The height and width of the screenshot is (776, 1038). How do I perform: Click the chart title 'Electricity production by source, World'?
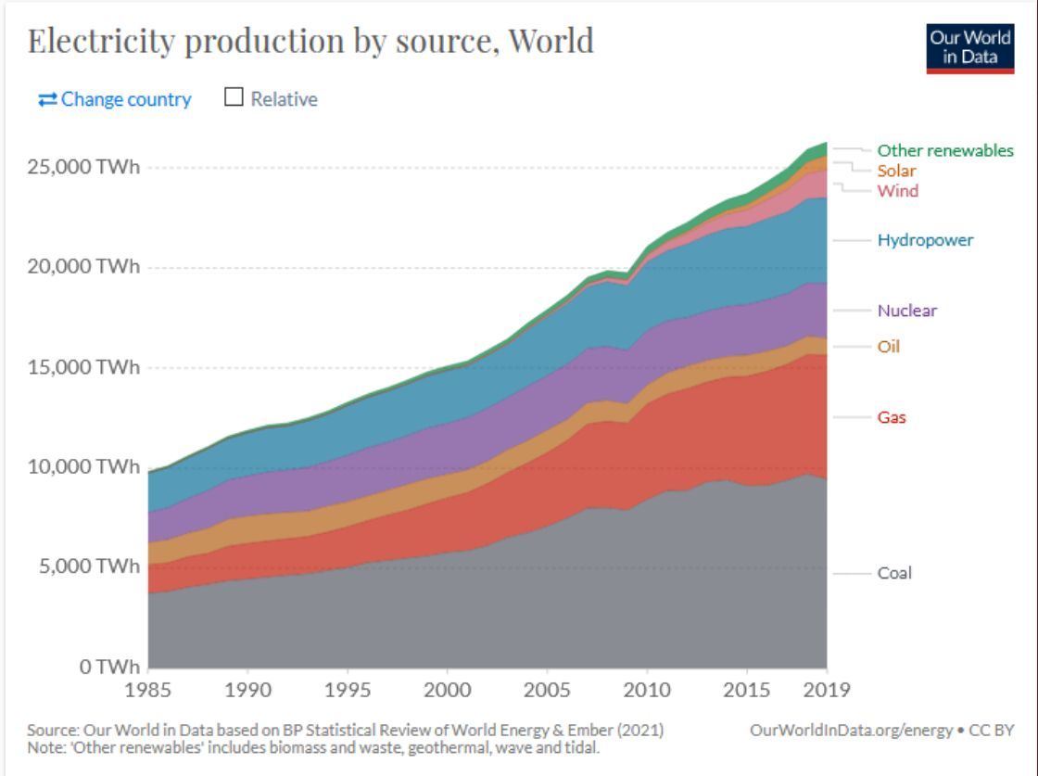tap(310, 41)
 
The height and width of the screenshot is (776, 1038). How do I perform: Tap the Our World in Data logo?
tap(970, 47)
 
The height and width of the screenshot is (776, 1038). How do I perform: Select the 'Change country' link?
tap(115, 99)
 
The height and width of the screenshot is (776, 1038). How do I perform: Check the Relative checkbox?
tap(234, 98)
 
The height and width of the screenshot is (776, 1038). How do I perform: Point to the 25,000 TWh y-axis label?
tap(84, 168)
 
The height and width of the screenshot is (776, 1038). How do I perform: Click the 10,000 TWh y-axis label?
tap(84, 466)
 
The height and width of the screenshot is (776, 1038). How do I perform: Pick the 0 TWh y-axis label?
tap(106, 666)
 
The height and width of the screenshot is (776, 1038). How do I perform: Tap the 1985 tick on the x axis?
tap(148, 690)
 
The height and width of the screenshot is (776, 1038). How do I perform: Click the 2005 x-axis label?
tap(547, 690)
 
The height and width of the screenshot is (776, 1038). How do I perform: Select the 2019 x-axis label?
tap(825, 690)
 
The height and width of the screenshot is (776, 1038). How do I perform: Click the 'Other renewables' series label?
tap(945, 150)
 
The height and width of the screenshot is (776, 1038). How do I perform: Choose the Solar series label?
tap(896, 171)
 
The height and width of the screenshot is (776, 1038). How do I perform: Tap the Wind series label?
tap(898, 191)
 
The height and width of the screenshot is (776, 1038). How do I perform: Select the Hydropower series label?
tap(926, 240)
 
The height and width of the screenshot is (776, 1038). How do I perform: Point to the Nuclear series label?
tap(907, 311)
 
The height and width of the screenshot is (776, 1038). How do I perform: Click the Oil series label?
tap(889, 347)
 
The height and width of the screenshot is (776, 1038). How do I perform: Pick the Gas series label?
tap(892, 417)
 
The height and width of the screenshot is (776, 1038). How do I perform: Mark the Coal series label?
tap(894, 573)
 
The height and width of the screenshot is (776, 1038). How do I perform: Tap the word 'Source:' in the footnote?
tap(49, 731)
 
